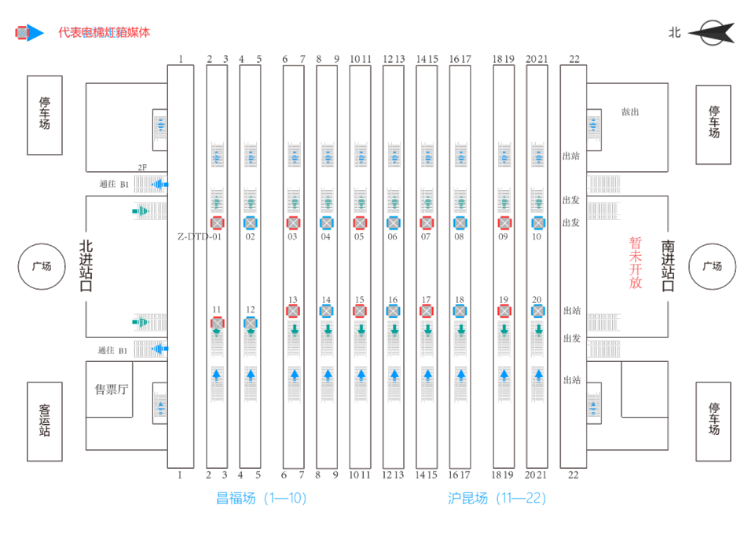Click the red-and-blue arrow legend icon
[x=30, y=33]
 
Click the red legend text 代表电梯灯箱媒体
[x=104, y=33]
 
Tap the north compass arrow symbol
[x=710, y=33]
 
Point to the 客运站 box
[x=45, y=421]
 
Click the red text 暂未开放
[x=635, y=263]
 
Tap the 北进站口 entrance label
[x=86, y=265]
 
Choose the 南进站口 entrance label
[x=669, y=265]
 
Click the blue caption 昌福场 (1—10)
[x=261, y=498]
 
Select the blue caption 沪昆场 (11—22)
[x=497, y=498]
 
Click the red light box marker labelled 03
[x=293, y=222]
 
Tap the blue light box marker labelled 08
[x=460, y=222]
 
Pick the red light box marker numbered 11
[x=217, y=322]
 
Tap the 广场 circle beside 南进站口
[x=712, y=265]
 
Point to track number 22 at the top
[x=574, y=59]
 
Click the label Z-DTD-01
[x=198, y=236]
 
